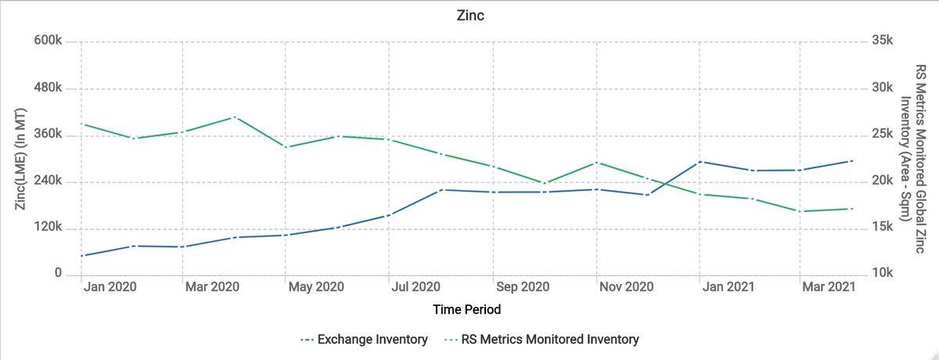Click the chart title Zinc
tap(469, 16)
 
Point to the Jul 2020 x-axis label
tap(416, 287)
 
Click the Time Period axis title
tap(467, 310)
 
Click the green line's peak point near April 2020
tap(235, 117)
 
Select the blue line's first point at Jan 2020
tap(82, 255)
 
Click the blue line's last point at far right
tap(851, 161)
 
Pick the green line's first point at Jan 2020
tap(82, 124)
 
